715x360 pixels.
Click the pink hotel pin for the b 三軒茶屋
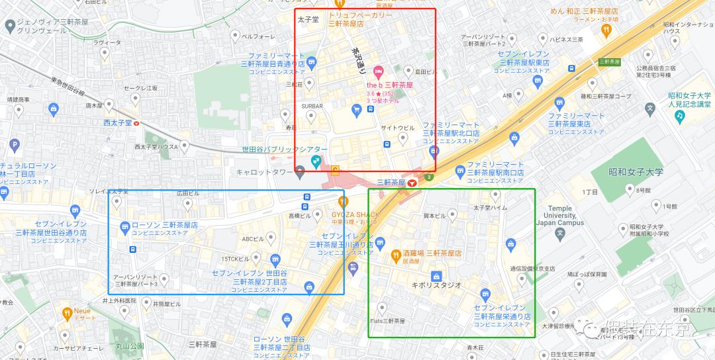pos(378,71)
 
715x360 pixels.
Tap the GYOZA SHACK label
pos(356,214)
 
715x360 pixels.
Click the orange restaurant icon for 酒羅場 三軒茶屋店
pos(395,253)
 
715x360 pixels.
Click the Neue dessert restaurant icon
pos(67,312)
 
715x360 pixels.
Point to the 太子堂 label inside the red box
pos(308,19)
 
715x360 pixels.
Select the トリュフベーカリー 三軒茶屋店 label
pos(360,19)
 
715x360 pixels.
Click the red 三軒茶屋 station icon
pos(413,183)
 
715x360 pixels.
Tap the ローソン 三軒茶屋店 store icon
pos(124,227)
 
